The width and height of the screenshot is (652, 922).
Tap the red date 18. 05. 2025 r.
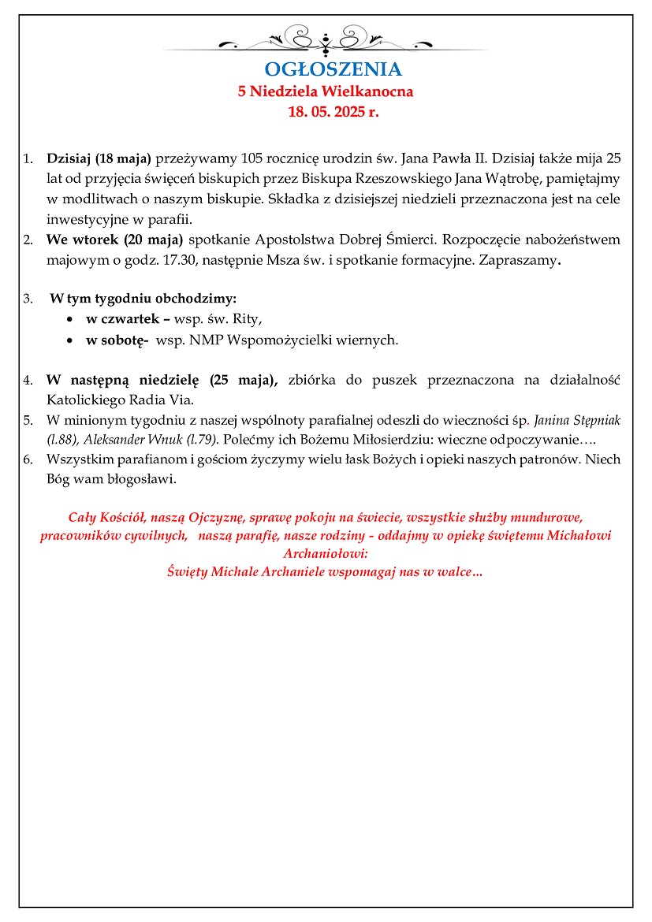(x=333, y=112)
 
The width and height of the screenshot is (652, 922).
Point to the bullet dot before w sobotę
(x=71, y=340)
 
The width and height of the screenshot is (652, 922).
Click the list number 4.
(x=28, y=380)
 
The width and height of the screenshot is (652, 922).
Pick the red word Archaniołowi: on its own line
(x=326, y=553)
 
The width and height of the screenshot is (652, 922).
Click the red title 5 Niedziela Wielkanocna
(x=326, y=91)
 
